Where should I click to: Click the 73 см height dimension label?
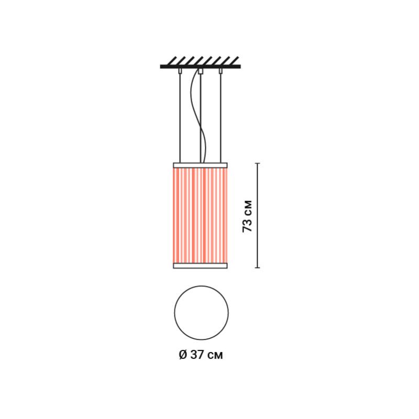pyautogui.click(x=247, y=216)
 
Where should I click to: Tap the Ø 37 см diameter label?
pyautogui.click(x=201, y=355)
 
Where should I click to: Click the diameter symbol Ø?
pyautogui.click(x=183, y=355)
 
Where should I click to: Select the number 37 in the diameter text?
pyautogui.click(x=198, y=355)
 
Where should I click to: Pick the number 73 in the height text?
pyautogui.click(x=247, y=226)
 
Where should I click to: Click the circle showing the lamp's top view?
pyautogui.click(x=174, y=313)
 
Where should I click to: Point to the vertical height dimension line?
pyautogui.click(x=258, y=215)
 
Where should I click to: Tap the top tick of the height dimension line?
pyautogui.click(x=258, y=163)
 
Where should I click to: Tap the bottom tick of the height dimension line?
pyautogui.click(x=258, y=268)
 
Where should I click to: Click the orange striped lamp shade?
pyautogui.click(x=201, y=215)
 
